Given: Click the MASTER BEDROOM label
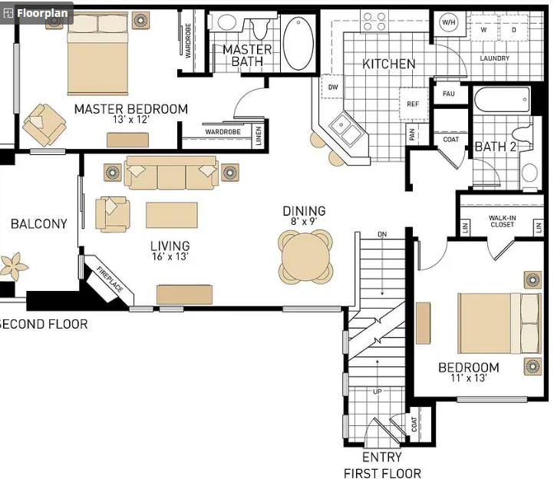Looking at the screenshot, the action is pos(131,109).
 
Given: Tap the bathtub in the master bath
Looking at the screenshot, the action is pos(298,44).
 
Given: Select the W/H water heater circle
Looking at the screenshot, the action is pos(448,22).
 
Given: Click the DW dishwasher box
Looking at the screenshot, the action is pos(332,87).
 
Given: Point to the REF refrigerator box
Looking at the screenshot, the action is pos(413,104).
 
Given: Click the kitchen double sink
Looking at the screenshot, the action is pos(345,129).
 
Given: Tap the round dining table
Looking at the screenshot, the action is pos(305,256).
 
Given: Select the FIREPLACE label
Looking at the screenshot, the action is pos(110,279).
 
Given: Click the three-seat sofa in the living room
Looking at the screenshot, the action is pos(171,173).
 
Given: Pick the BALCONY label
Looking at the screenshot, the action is pos(39,224).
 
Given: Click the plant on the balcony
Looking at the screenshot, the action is pos(13,266).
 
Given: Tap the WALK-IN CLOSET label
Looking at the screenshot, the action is pos(502,221).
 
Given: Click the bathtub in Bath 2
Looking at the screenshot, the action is pos(502,100).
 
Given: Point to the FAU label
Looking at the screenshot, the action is pos(448,94).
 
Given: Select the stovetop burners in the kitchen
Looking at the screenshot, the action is pos(374,21).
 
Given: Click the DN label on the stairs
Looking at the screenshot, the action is pos(382,234).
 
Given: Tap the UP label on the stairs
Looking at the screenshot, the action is pos(377,391).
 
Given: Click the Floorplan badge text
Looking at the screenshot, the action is pos(42,13).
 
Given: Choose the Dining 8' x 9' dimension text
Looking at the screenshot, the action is pos(304,222).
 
